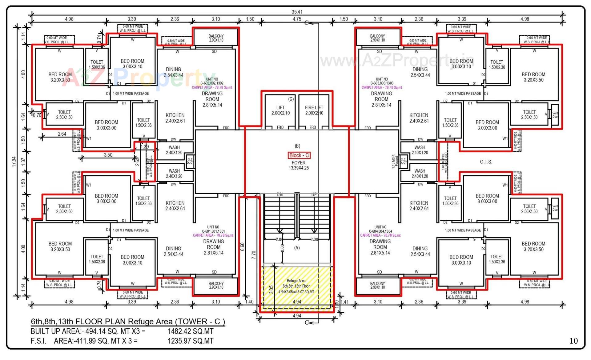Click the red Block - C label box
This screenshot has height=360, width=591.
click(299, 155)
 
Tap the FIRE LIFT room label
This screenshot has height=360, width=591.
click(314, 110)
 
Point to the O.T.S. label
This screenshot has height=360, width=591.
click(486, 162)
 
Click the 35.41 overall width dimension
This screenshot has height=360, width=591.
click(297, 12)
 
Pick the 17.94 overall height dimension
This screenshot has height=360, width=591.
click(14, 162)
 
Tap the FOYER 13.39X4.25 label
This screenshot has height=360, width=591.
click(299, 165)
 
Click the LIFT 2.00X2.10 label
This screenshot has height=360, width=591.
click(280, 110)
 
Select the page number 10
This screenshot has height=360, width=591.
click(573, 341)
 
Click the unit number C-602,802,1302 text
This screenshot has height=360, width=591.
click(212, 83)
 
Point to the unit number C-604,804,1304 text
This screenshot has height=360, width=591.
click(380, 231)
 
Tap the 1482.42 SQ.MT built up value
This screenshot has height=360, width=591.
click(190, 331)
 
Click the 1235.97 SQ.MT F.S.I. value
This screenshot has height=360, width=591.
click(190, 341)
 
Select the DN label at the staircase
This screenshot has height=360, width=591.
click(279, 194)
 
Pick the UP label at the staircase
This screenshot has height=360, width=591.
click(314, 194)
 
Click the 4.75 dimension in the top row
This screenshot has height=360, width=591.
click(297, 19)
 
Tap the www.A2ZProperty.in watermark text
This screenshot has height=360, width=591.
click(397, 60)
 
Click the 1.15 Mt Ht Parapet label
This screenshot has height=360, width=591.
click(395, 162)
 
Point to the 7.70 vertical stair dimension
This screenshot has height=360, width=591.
click(254, 255)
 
